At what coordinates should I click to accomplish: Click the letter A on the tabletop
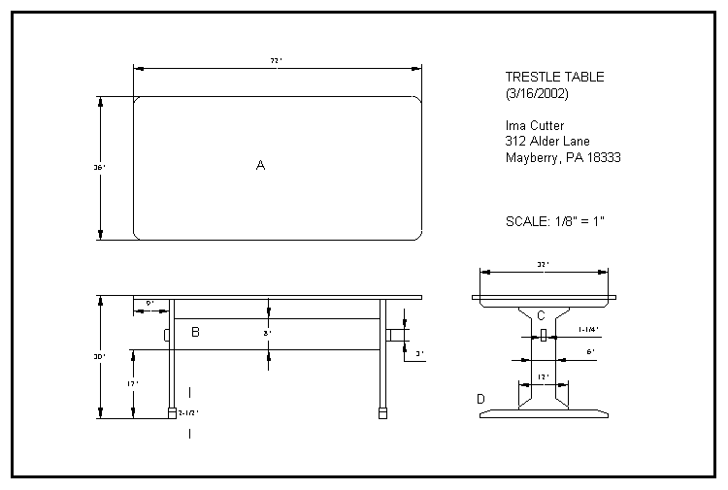[x=260, y=166]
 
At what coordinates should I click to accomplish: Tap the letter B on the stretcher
[x=195, y=333]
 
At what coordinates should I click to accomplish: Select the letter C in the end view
[x=542, y=314]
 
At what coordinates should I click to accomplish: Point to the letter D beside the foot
[x=480, y=399]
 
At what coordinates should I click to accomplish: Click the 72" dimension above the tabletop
[x=276, y=61]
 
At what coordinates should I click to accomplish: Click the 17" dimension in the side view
[x=134, y=383]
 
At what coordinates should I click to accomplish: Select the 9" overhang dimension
[x=150, y=304]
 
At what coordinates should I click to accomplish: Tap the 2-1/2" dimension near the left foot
[x=189, y=412]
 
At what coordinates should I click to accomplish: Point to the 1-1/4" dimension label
[x=588, y=329]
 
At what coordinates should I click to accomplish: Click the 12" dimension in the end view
[x=543, y=376]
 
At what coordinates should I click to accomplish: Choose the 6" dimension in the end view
[x=590, y=352]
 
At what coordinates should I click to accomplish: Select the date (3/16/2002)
[x=537, y=93]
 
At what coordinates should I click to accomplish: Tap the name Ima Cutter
[x=534, y=125]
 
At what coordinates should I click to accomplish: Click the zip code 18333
[x=602, y=157]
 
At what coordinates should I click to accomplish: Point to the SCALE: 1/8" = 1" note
[x=555, y=220]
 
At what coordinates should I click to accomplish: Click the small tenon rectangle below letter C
[x=544, y=334]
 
